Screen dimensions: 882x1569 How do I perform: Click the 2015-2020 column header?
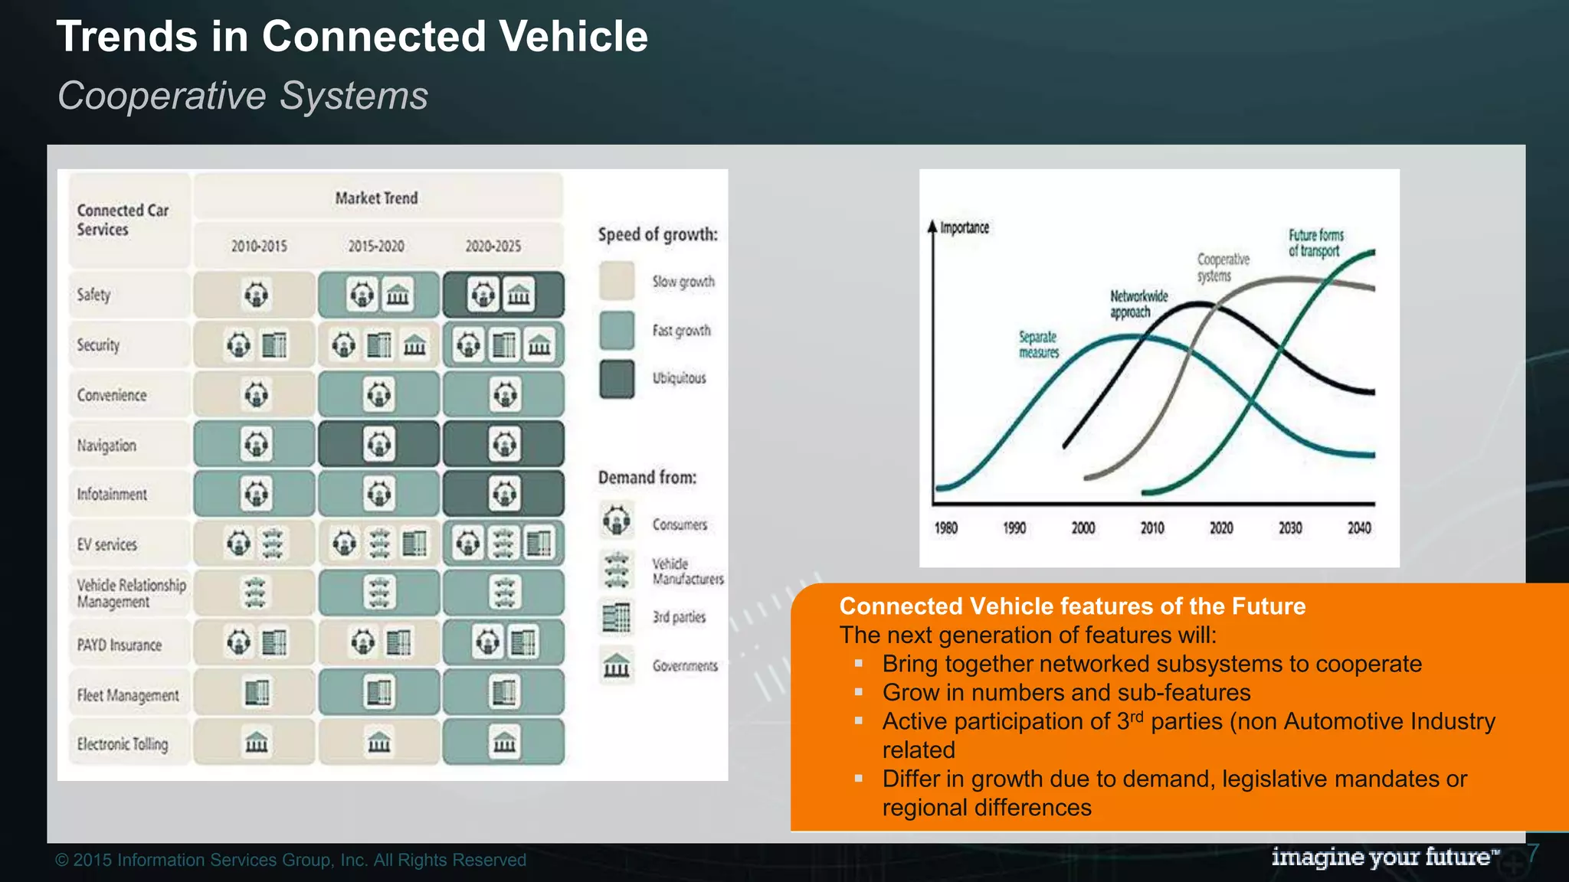point(376,246)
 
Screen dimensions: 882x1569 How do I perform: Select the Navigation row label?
point(106,445)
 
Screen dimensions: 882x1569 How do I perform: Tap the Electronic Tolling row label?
point(123,743)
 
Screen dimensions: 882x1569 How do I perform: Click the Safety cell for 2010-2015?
point(255,295)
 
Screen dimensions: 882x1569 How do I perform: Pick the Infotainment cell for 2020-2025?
point(503,494)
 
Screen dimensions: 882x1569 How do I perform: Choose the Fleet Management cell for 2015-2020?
point(379,693)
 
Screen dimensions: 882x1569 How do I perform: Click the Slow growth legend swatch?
point(617,281)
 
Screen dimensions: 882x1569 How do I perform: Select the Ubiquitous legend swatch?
point(617,379)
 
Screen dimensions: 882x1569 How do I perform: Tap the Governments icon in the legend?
point(617,665)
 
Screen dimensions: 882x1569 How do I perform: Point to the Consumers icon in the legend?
point(617,521)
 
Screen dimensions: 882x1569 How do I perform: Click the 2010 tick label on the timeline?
point(1152,528)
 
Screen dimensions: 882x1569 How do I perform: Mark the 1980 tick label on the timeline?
point(945,528)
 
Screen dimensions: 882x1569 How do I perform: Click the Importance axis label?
point(965,227)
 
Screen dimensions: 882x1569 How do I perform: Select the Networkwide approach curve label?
point(1139,303)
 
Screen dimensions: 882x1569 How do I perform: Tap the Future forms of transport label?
point(1315,243)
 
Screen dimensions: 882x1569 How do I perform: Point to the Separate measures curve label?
point(1038,345)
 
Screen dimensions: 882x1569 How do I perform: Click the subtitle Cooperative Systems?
point(243,96)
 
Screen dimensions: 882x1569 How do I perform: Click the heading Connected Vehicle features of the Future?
point(1073,606)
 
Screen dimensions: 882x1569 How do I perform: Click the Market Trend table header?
point(376,198)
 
